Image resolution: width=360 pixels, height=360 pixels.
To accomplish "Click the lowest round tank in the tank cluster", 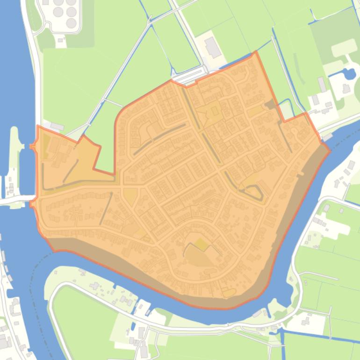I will (x=71, y=22).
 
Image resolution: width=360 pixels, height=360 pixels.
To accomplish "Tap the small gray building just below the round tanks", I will (x=60, y=40).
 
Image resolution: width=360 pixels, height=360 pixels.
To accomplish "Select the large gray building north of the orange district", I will (x=213, y=47).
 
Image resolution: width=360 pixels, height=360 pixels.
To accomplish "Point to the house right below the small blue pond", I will (x=347, y=88).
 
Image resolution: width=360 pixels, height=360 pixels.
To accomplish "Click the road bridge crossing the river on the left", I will (x=16, y=200).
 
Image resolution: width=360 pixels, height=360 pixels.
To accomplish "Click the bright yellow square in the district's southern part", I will (x=201, y=244).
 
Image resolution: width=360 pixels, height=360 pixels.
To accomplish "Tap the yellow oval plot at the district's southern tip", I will (x=229, y=293).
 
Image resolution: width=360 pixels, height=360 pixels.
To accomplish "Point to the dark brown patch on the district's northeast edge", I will (x=270, y=105).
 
